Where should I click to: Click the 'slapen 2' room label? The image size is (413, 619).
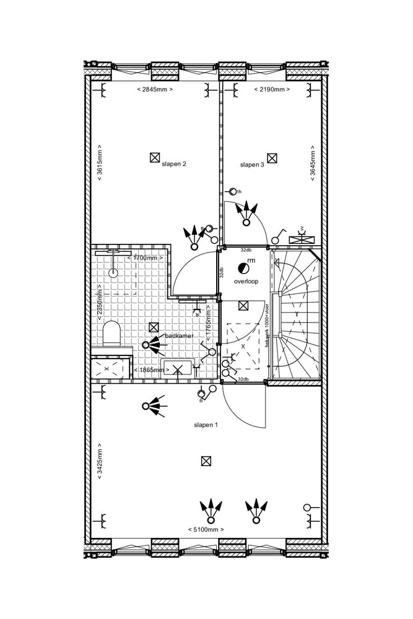tap(174, 164)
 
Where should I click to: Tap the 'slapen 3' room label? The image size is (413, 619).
tap(252, 165)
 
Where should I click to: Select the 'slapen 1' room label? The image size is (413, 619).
tap(206, 425)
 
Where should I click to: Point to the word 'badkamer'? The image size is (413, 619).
tap(179, 335)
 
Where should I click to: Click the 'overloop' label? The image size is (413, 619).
tap(246, 281)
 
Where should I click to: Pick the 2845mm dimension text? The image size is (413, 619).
tap(154, 90)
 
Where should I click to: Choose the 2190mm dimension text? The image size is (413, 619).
tap(272, 90)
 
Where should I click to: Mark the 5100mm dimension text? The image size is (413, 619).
tap(206, 530)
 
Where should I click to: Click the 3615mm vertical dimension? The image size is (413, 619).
tap(100, 163)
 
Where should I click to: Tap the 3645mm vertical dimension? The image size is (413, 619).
tap(312, 163)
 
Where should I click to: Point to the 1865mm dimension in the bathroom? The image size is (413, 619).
tap(151, 370)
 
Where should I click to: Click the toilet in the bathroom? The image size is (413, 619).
tap(111, 333)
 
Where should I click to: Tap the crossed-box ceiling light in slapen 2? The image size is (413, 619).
tap(155, 158)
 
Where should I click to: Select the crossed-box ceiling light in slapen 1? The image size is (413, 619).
tap(206, 461)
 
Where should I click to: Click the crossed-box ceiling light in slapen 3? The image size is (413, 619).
tap(272, 158)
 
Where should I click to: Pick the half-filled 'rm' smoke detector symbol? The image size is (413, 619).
tap(242, 268)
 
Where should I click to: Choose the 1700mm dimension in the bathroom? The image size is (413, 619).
tap(148, 258)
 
